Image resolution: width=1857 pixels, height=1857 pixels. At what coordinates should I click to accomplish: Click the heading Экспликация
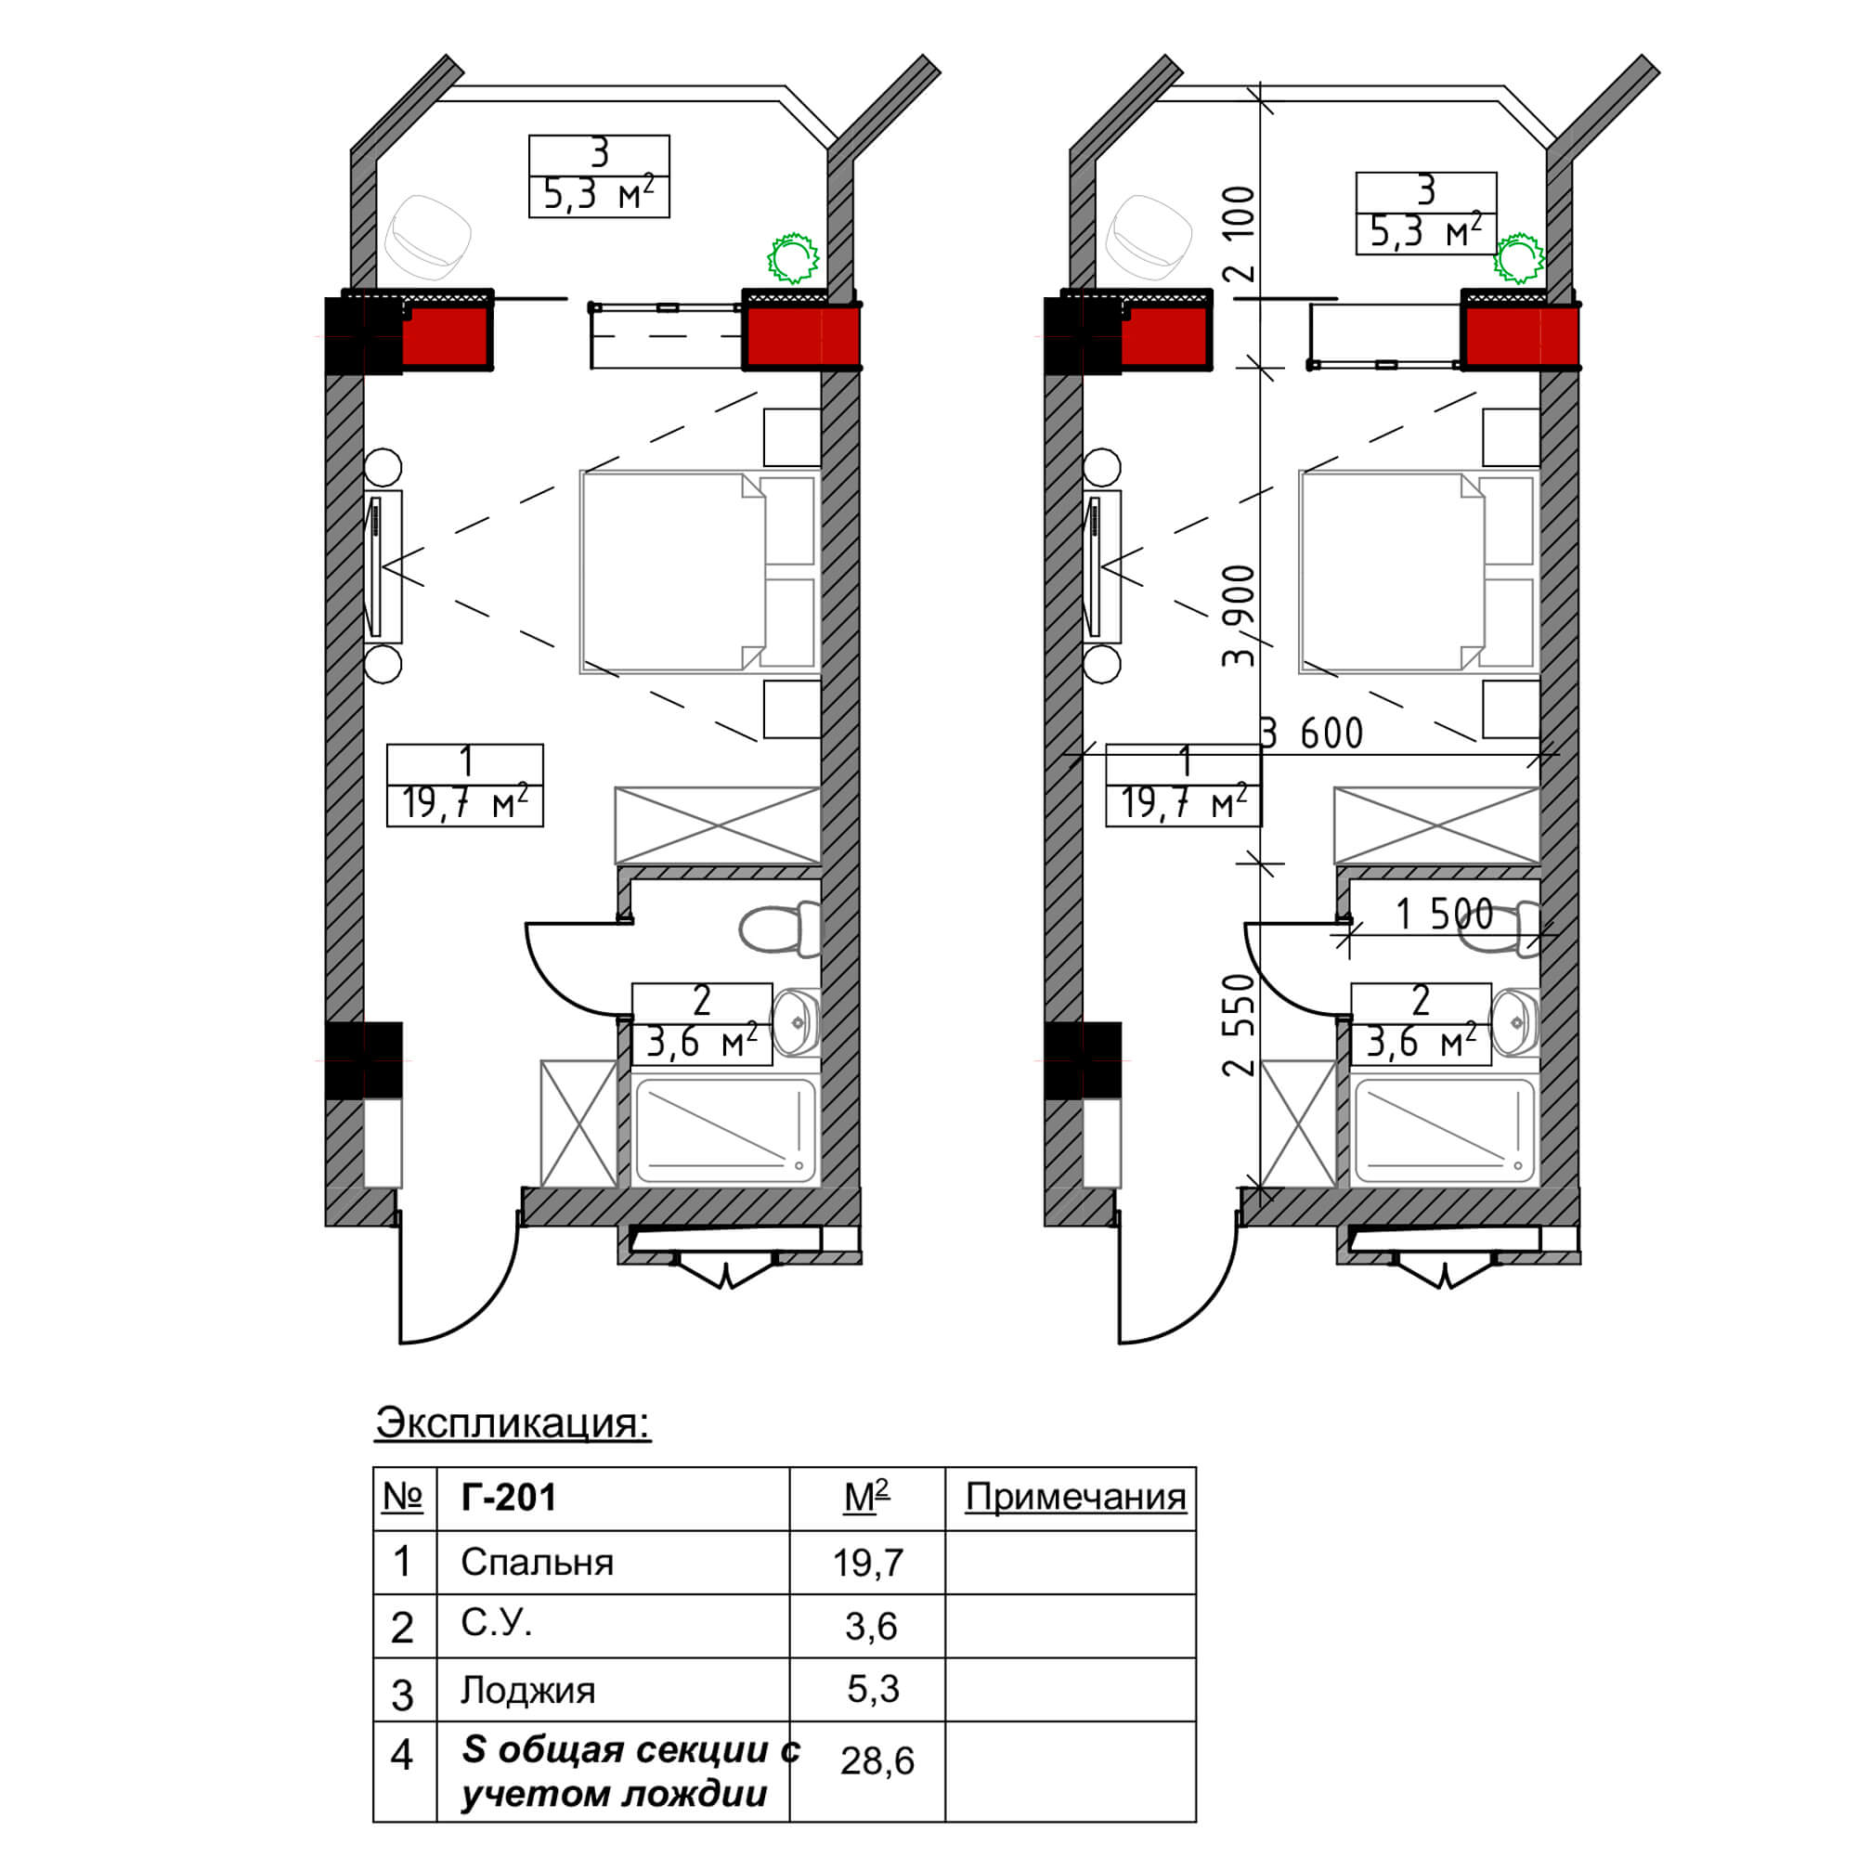(513, 1423)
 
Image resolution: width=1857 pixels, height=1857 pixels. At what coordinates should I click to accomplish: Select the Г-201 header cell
(509, 1498)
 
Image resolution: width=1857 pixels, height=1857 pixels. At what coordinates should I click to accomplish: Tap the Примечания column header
(1075, 1498)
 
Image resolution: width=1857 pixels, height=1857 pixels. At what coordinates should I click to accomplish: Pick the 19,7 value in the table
(868, 1563)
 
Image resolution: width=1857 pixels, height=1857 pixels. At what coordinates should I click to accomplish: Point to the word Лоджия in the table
(527, 1690)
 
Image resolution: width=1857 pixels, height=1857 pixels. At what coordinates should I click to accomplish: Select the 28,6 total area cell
(877, 1760)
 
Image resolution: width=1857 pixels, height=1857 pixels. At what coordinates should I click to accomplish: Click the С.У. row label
(496, 1623)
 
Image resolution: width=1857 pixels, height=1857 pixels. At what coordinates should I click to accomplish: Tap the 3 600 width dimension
(1312, 734)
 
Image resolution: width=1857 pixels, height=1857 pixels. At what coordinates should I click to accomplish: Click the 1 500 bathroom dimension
(1445, 914)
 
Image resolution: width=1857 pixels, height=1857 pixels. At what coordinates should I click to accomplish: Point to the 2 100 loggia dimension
(1240, 233)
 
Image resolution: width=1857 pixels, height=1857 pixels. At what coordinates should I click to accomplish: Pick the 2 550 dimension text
(1240, 1025)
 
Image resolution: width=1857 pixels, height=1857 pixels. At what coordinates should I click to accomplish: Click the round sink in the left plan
(797, 1022)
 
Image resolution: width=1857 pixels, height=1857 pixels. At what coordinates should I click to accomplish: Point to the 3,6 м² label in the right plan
(1421, 1042)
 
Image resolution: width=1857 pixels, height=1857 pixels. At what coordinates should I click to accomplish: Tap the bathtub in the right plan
(1443, 1130)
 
